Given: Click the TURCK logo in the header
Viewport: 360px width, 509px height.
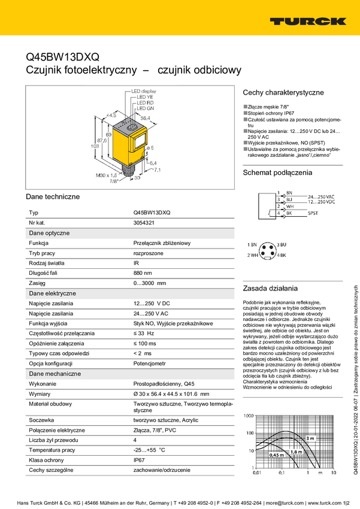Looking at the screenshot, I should tap(308, 21).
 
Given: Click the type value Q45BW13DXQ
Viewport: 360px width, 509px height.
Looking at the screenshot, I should tap(152, 213).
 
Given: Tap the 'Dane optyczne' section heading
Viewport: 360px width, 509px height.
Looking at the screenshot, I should tap(49, 232).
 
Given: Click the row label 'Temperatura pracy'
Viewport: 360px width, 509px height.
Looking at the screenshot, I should tap(52, 450).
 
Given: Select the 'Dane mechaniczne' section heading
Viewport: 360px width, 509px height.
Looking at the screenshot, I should tap(55, 374).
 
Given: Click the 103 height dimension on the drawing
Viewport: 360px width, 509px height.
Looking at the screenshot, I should tap(93, 146).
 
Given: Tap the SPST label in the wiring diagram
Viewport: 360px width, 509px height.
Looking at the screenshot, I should tap(313, 213).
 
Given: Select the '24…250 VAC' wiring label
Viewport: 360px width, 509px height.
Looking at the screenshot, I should tap(321, 196).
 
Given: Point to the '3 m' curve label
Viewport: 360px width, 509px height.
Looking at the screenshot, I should tap(310, 438).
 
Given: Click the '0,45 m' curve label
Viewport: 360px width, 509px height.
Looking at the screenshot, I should tap(277, 456).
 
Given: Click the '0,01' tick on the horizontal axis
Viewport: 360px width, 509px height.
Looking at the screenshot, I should tap(257, 473).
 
